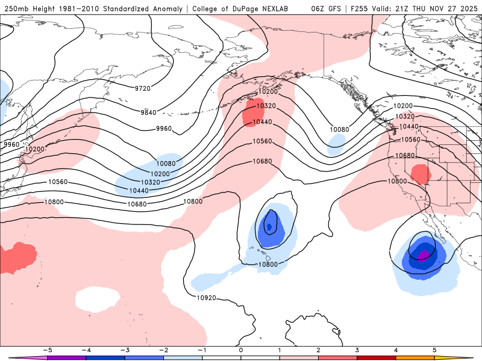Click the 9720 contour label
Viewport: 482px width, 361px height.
pyautogui.click(x=143, y=88)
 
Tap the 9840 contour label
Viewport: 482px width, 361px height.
pyautogui.click(x=148, y=113)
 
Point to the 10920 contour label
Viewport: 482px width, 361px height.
pyautogui.click(x=206, y=297)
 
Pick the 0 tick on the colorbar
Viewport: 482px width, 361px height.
pyautogui.click(x=241, y=350)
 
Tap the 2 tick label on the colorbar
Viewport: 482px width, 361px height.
pyautogui.click(x=319, y=350)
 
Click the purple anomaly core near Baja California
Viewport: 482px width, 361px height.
pyautogui.click(x=424, y=256)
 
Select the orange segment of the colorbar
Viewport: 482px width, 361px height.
pyautogui.click(x=415, y=357)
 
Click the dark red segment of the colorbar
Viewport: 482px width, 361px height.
pyautogui.click(x=377, y=357)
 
